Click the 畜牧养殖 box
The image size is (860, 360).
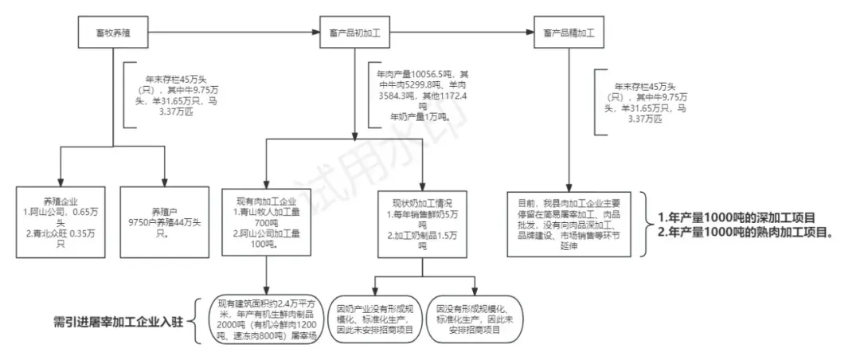[112, 33]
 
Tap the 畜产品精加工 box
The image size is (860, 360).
[569, 33]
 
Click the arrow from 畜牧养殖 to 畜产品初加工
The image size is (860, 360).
[231, 33]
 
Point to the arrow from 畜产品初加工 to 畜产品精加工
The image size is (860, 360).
[462, 33]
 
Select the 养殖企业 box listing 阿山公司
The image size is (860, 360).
[61, 221]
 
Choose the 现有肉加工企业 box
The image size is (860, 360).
[265, 222]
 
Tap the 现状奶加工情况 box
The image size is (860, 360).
[423, 222]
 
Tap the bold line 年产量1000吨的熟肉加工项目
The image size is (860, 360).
[745, 233]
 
